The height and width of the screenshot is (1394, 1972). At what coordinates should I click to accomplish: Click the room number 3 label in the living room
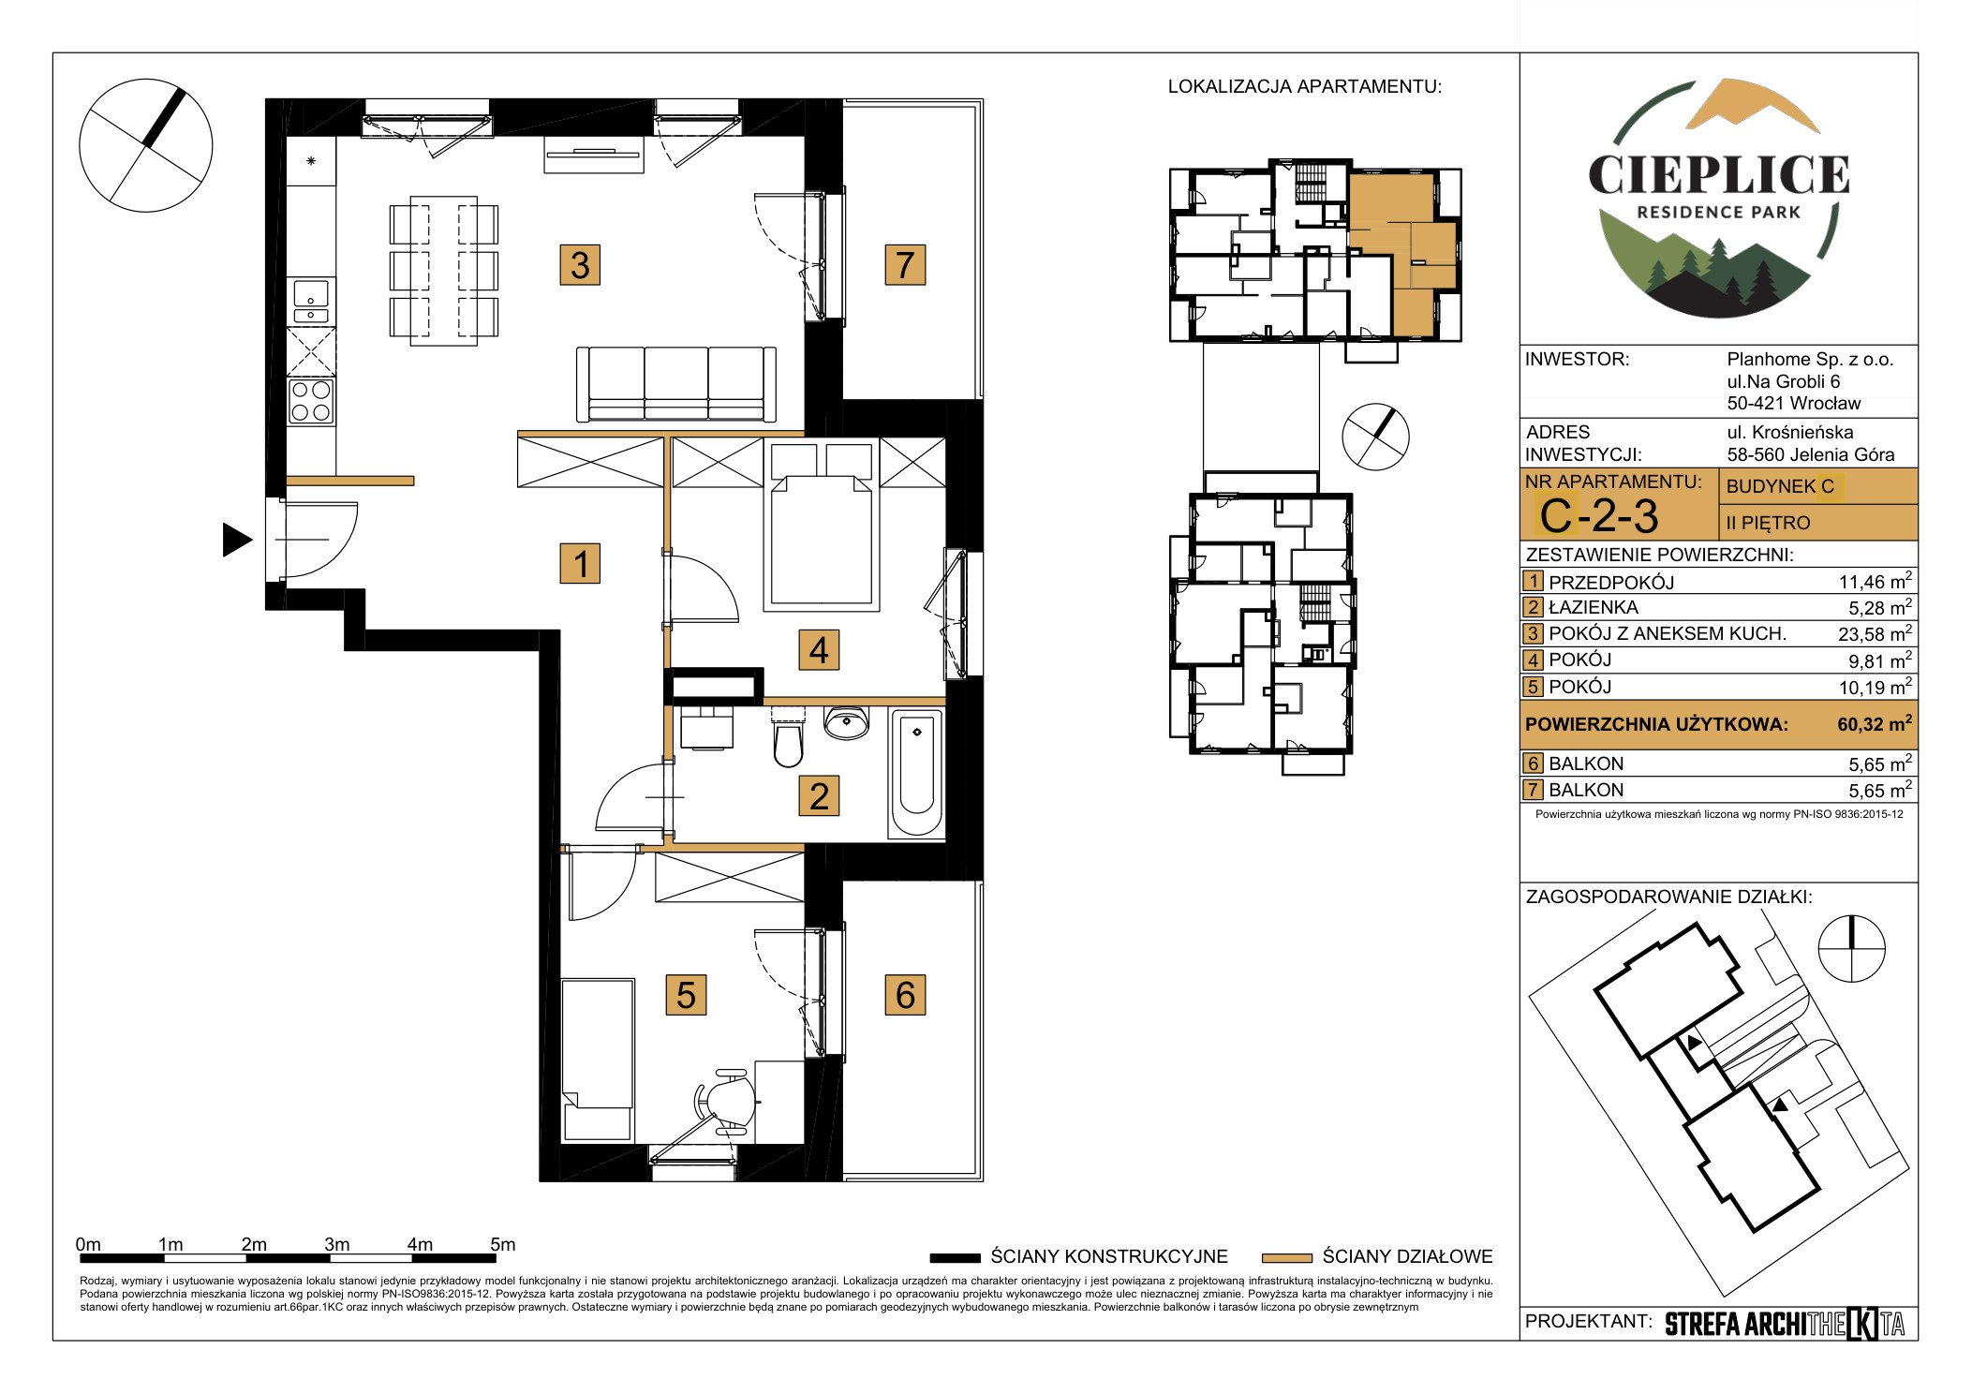pyautogui.click(x=580, y=265)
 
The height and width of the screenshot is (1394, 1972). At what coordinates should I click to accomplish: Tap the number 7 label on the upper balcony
pyautogui.click(x=905, y=265)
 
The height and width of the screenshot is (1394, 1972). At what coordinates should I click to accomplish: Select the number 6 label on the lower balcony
pyautogui.click(x=905, y=995)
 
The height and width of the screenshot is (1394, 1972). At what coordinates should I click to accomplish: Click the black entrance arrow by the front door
pyautogui.click(x=237, y=540)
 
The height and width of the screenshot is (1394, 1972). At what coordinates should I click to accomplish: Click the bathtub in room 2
pyautogui.click(x=916, y=773)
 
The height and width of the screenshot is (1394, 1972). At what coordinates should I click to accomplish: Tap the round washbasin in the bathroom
pyautogui.click(x=846, y=722)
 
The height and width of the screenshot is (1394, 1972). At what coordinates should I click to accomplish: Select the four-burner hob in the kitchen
pyautogui.click(x=311, y=401)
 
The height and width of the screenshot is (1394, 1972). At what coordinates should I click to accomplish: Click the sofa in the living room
pyautogui.click(x=675, y=384)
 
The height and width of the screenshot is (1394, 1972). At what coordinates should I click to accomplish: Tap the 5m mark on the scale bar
pyautogui.click(x=503, y=1244)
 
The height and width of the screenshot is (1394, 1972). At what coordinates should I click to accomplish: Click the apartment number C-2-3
pyautogui.click(x=1598, y=516)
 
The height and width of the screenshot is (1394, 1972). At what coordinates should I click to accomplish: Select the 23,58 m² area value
pyautogui.click(x=1875, y=633)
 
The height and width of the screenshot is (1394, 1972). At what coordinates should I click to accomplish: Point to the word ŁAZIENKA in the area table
pyautogui.click(x=1594, y=607)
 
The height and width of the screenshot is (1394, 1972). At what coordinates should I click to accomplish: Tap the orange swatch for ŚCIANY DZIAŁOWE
pyautogui.click(x=1287, y=1257)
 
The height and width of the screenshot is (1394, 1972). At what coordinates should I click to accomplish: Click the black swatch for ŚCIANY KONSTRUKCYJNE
pyautogui.click(x=955, y=1257)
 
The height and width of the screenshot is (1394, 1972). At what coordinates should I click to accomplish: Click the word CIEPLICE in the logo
pyautogui.click(x=1719, y=175)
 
